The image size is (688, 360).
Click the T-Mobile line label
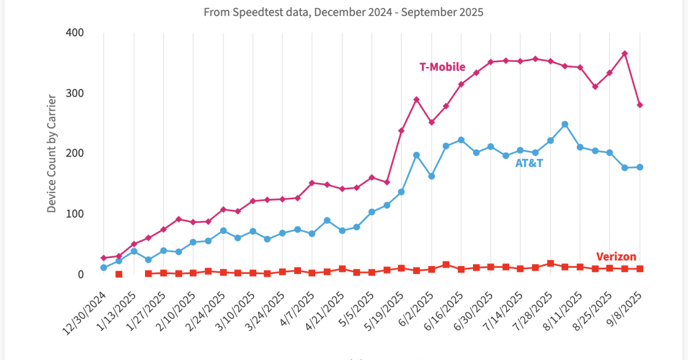pos(442,67)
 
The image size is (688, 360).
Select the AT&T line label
pos(529,163)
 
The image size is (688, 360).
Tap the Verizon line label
pos(616,257)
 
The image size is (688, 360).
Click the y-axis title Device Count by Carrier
pos(52,154)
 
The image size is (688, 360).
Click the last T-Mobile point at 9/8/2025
pos(639,105)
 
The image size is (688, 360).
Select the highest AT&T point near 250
pos(565,124)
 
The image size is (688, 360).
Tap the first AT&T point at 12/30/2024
pos(104,268)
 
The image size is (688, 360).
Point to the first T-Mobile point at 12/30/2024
pos(104,258)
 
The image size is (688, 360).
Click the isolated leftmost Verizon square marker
pos(119,274)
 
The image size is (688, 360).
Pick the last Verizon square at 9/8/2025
pos(639,269)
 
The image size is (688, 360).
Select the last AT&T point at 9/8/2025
pos(639,167)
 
